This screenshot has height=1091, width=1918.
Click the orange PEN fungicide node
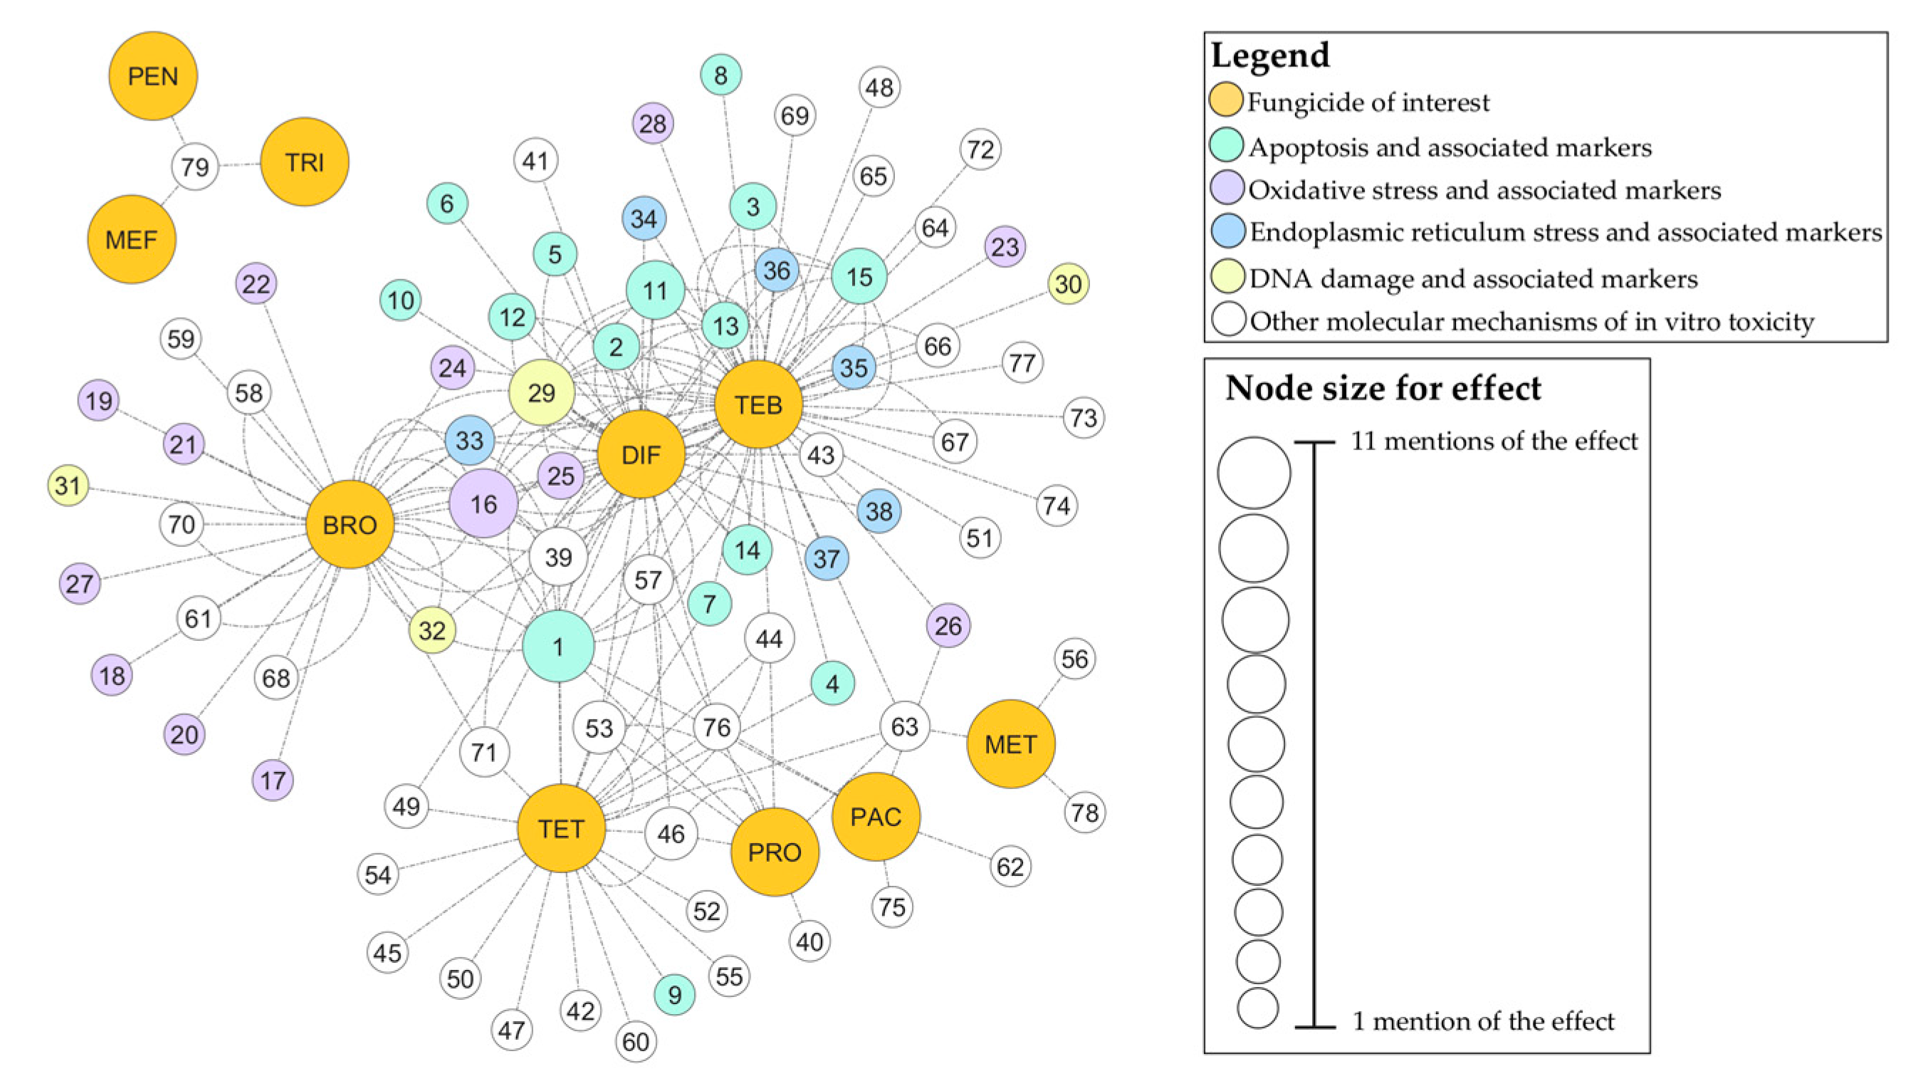point(153,75)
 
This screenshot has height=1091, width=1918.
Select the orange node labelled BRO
point(350,525)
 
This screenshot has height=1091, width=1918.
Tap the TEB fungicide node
point(758,404)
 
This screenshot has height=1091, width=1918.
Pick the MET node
point(1010,744)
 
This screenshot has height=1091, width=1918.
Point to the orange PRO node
point(775,852)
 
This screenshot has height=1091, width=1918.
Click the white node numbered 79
point(195,167)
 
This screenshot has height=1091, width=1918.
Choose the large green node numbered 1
point(558,646)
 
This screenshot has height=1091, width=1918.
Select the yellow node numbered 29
point(542,392)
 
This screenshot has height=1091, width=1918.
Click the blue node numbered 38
point(879,511)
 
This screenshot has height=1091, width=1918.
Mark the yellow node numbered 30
point(1068,284)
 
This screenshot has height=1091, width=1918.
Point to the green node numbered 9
point(675,994)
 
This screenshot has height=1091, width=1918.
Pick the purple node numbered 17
point(273,781)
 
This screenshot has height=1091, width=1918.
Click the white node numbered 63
point(904,726)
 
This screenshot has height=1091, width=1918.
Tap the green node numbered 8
point(720,75)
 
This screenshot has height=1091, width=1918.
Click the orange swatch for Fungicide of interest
point(1226,101)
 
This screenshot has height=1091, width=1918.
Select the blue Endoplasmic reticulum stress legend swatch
point(1227,231)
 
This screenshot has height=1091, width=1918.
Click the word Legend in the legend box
point(1270,56)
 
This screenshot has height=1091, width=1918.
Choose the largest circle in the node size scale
point(1254,473)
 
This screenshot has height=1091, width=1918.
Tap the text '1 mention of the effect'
point(1483,1020)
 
